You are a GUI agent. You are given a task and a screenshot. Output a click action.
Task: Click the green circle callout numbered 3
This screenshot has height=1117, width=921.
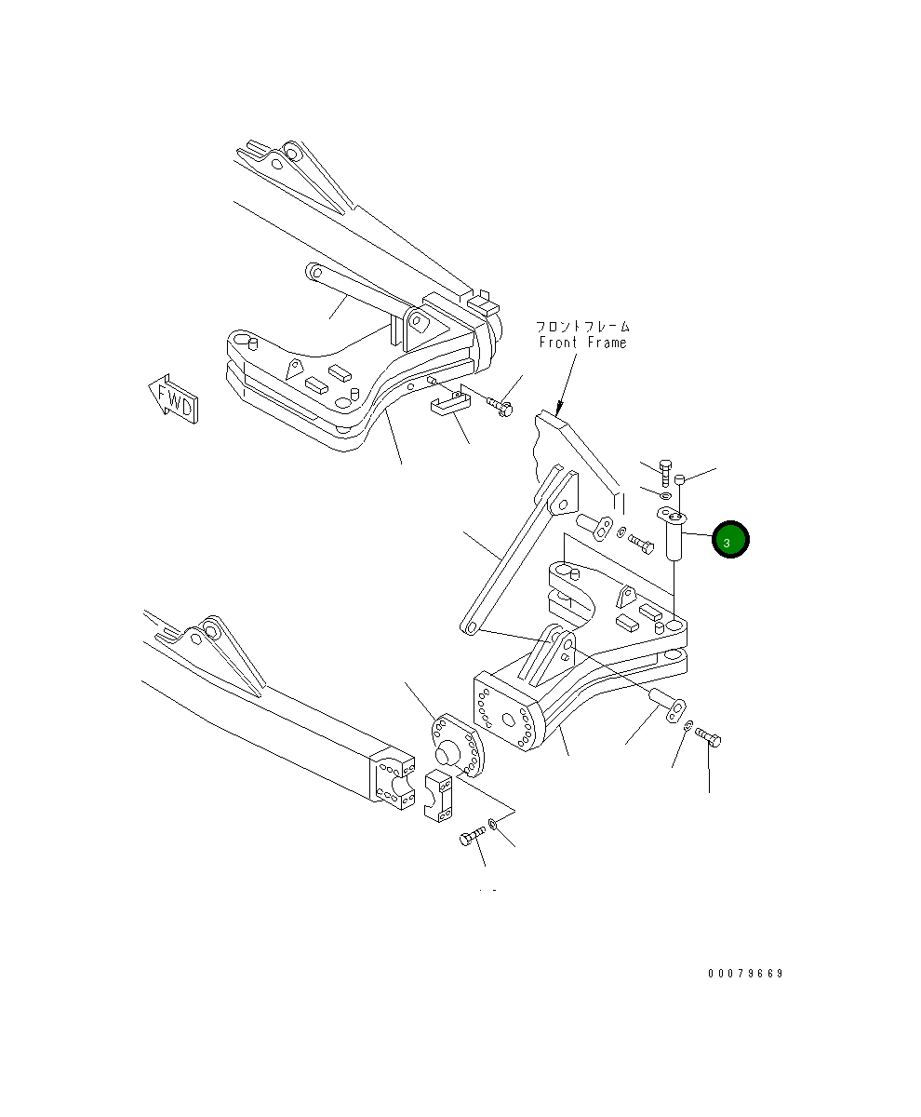(729, 539)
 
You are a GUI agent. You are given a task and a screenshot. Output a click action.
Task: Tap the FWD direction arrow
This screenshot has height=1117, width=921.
(172, 399)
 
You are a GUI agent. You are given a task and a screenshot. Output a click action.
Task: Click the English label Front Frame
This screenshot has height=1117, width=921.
(583, 343)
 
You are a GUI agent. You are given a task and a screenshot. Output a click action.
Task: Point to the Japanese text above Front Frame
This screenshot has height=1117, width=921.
(582, 327)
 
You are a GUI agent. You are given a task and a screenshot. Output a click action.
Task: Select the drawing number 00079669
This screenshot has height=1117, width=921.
(744, 974)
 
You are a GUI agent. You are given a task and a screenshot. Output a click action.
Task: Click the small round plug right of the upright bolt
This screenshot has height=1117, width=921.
(680, 478)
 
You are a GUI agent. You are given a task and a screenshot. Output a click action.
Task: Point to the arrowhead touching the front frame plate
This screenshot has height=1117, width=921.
(558, 407)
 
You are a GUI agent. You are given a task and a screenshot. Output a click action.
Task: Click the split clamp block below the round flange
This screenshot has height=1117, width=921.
(438, 796)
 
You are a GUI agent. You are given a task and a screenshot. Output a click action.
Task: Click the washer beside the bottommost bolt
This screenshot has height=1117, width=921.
(493, 825)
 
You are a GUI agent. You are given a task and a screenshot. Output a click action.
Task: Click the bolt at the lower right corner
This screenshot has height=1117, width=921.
(709, 738)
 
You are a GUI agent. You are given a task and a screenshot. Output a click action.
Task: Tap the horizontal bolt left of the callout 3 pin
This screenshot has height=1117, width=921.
(641, 540)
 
